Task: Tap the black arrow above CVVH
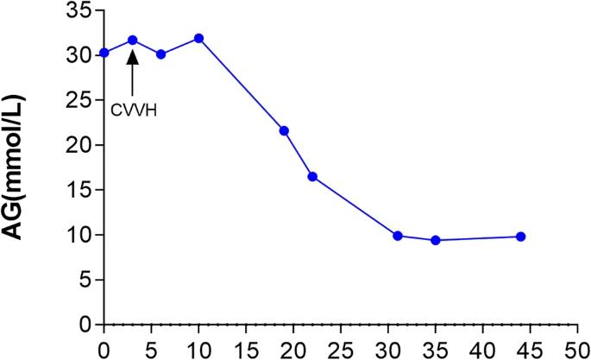tap(133, 72)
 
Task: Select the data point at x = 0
tap(104, 53)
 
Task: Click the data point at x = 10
tap(198, 38)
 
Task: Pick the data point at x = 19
tap(284, 130)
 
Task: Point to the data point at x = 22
tap(312, 176)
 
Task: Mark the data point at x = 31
tap(398, 236)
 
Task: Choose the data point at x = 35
tap(436, 240)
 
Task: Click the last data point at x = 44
tap(521, 237)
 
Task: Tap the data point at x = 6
tap(160, 54)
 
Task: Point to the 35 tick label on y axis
tap(79, 10)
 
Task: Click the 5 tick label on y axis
tap(85, 280)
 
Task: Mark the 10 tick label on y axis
tap(79, 235)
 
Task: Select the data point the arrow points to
tap(133, 40)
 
